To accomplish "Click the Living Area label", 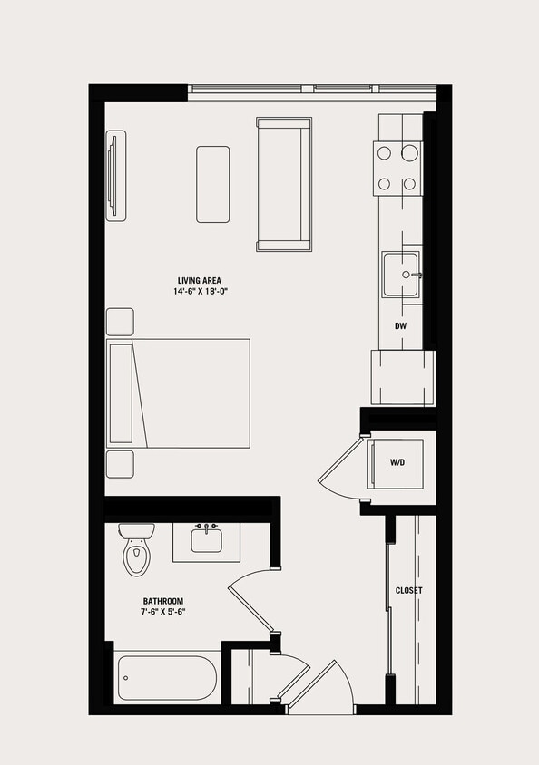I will (x=199, y=280).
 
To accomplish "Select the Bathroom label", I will (x=163, y=601).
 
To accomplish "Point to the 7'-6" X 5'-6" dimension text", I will (x=163, y=613).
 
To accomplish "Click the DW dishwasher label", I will (x=399, y=324).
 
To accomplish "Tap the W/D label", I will (x=397, y=462).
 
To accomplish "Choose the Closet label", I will (x=408, y=590).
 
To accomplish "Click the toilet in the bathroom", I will (x=136, y=551).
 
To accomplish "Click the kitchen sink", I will (x=400, y=275).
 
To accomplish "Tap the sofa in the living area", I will (x=284, y=184).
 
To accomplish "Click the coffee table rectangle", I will (x=213, y=184).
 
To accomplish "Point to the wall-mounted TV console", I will (x=116, y=175).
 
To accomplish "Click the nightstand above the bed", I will (x=120, y=323).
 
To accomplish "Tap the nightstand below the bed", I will (x=120, y=464).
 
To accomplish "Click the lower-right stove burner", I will (x=410, y=184).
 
